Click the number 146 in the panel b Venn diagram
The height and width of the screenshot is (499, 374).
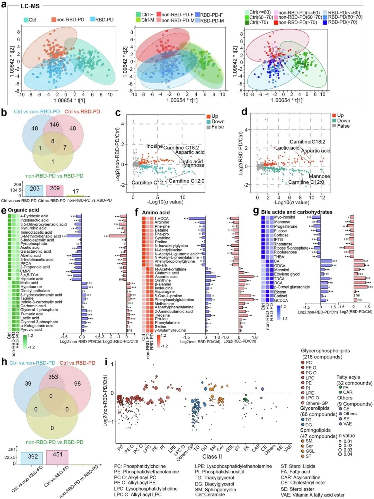pyautogui.click(x=54, y=125)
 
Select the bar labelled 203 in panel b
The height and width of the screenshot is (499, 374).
pyautogui.click(x=34, y=190)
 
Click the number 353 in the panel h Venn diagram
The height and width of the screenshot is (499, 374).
pyautogui.click(x=53, y=376)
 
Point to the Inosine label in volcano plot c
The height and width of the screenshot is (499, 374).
pyautogui.click(x=154, y=146)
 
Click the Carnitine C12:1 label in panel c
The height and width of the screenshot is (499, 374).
pyautogui.click(x=149, y=182)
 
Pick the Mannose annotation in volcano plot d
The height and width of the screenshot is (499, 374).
pyautogui.click(x=319, y=176)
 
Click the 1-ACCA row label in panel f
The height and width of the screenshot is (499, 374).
pyautogui.click(x=161, y=218)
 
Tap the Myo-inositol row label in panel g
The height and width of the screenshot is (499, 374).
pyautogui.click(x=284, y=217)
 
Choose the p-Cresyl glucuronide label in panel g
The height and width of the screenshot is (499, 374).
pyautogui.click(x=292, y=287)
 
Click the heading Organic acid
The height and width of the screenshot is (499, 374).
pyautogui.click(x=24, y=210)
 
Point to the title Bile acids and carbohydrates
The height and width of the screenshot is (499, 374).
pyautogui.click(x=296, y=212)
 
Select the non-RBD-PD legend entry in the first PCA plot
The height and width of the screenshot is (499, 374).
pyautogui.click(x=70, y=20)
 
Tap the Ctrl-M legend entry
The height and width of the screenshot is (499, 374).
pyautogui.click(x=148, y=20)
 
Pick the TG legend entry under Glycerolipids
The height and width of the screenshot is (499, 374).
pyautogui.click(x=308, y=419)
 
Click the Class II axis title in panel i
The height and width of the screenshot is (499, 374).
pyautogui.click(x=212, y=456)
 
